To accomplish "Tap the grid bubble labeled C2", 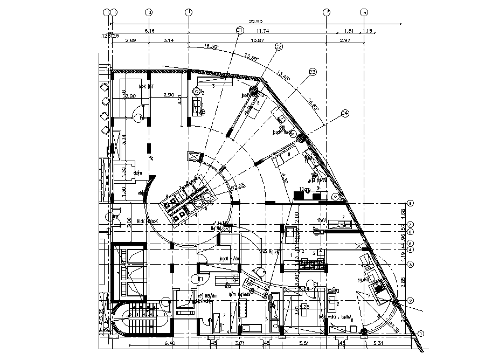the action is click(279, 47).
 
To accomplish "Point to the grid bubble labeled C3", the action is click(312, 72).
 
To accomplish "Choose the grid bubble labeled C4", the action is click(345, 113).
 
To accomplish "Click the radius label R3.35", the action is click(238, 186).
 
